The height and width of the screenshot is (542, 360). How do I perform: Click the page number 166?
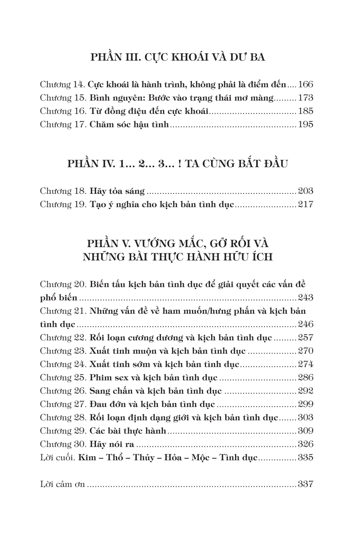coord(306,84)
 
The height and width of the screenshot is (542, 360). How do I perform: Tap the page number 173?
coord(306,98)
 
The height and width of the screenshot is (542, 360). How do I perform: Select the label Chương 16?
coord(62,111)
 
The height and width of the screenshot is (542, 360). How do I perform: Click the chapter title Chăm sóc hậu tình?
coord(129,125)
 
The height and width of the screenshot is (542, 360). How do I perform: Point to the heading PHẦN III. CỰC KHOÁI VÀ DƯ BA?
coord(178,57)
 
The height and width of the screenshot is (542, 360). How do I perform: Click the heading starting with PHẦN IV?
coord(177,163)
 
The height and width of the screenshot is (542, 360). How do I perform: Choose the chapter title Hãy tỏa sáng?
coord(117,192)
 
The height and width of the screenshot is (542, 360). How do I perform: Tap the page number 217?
coord(306,205)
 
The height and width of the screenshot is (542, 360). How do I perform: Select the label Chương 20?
coord(63,284)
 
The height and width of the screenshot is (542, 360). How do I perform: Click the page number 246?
coord(306,324)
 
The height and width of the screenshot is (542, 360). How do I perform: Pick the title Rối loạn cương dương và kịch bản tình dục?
coord(181,338)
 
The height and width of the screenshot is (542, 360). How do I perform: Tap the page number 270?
coord(306,351)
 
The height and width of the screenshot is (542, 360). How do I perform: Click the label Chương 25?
coord(63,378)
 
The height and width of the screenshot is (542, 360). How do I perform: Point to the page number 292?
coord(306,391)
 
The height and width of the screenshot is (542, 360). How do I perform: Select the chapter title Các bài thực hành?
coord(128,431)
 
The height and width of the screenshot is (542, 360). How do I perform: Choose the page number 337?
coord(306,484)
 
